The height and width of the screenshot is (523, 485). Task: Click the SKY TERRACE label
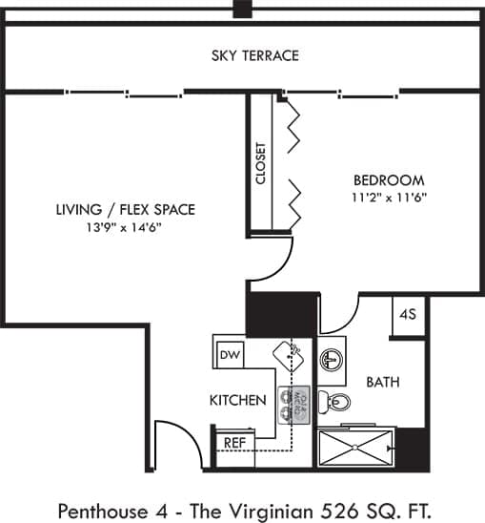point(254,55)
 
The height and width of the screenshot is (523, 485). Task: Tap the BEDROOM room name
point(388,179)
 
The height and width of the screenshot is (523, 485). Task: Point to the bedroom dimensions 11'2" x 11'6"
point(389,198)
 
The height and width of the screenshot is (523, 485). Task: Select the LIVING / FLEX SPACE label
point(125,209)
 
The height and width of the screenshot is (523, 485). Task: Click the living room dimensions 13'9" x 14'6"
point(125,227)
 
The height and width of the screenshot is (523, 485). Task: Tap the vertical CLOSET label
point(260,163)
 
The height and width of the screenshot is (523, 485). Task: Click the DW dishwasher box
point(230,355)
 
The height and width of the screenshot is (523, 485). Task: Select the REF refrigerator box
point(233,442)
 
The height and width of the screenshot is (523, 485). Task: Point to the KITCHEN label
point(237,400)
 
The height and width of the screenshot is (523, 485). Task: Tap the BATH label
point(382,382)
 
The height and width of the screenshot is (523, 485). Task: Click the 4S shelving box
point(408,314)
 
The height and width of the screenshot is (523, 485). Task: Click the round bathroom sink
point(330,360)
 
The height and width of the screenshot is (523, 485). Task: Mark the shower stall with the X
point(354,447)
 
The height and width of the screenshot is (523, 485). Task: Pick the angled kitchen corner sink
point(288,354)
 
